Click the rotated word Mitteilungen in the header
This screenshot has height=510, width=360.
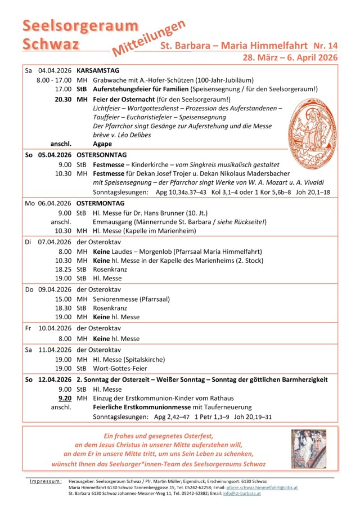(149, 38)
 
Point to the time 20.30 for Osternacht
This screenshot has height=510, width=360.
(63, 99)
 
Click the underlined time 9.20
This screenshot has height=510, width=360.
(64, 398)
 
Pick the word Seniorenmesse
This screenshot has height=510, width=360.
(116, 299)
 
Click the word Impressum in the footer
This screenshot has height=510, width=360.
(46, 482)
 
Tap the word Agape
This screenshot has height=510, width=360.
(102, 144)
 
